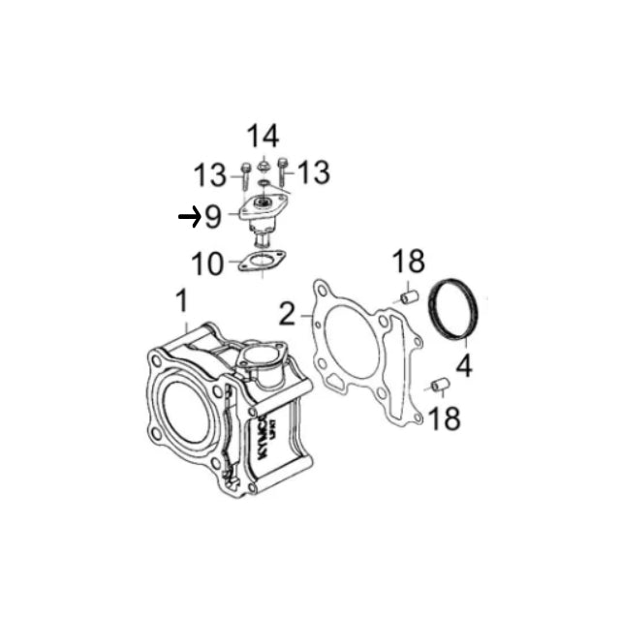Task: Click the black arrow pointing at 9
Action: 190,217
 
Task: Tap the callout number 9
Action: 213,217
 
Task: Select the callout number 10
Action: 207,263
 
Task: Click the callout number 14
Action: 263,136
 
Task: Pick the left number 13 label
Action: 210,175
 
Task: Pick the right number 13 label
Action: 314,172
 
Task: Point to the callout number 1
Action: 182,301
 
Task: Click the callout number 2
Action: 288,314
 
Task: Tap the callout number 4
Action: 464,366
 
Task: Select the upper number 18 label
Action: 409,261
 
